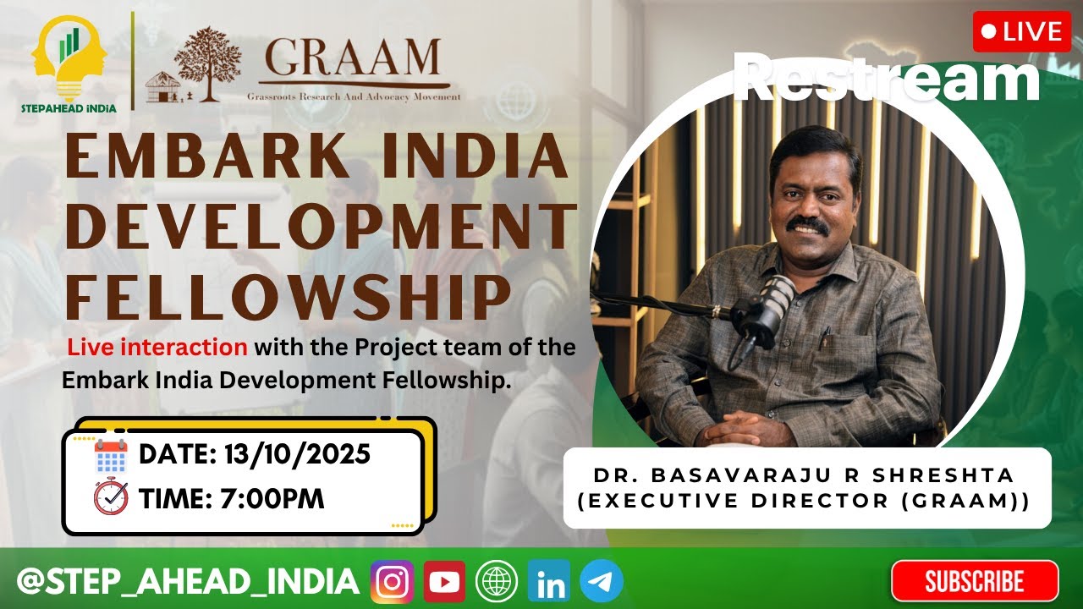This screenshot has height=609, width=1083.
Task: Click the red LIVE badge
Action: click(x=1021, y=32)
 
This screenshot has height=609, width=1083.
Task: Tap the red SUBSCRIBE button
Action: click(x=974, y=581)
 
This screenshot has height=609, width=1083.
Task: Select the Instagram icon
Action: click(x=392, y=582)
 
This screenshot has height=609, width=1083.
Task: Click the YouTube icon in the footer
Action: click(x=444, y=582)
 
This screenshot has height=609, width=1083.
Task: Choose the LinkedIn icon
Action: click(x=549, y=582)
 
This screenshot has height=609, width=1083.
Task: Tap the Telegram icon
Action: click(x=602, y=582)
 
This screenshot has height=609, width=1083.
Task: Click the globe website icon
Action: click(x=497, y=582)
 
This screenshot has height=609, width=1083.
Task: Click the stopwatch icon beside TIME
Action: click(x=111, y=497)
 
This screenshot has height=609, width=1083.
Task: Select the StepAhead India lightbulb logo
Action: click(x=69, y=58)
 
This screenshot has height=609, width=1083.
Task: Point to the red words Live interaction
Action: click(x=157, y=347)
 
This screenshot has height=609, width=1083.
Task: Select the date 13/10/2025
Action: click(x=297, y=455)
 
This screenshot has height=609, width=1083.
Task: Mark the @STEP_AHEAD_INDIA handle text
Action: click(x=188, y=582)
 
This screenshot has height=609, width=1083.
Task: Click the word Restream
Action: click(x=886, y=78)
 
